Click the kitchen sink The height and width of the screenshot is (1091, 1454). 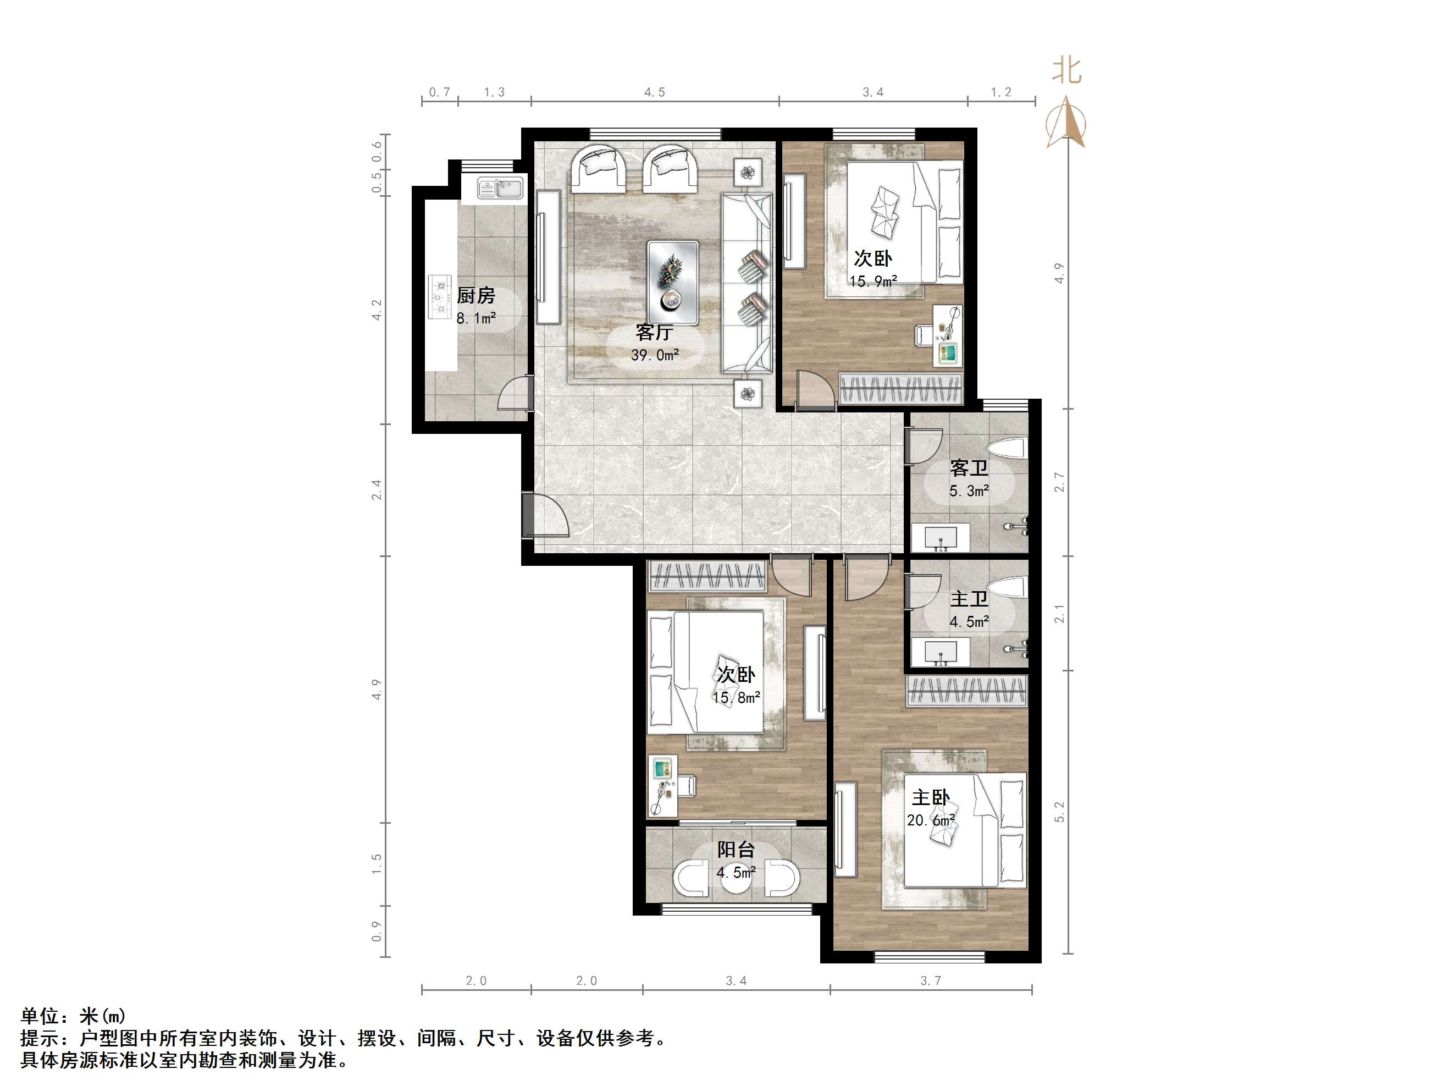(x=500, y=189)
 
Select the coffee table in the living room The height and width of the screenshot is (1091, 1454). (x=672, y=282)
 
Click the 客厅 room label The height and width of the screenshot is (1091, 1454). (x=655, y=332)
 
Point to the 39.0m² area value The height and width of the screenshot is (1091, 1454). (x=655, y=355)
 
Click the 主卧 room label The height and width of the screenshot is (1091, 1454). (x=931, y=798)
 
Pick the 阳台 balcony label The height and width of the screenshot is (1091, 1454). (x=736, y=849)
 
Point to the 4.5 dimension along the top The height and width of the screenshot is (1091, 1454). (x=655, y=92)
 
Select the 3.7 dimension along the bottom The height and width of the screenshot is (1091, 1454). (x=931, y=980)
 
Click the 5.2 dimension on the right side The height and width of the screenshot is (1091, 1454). (x=1059, y=812)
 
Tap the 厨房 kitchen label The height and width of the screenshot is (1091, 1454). (x=476, y=295)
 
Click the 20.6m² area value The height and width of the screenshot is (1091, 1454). (x=931, y=820)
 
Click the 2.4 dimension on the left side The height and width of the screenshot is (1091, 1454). (x=377, y=489)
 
